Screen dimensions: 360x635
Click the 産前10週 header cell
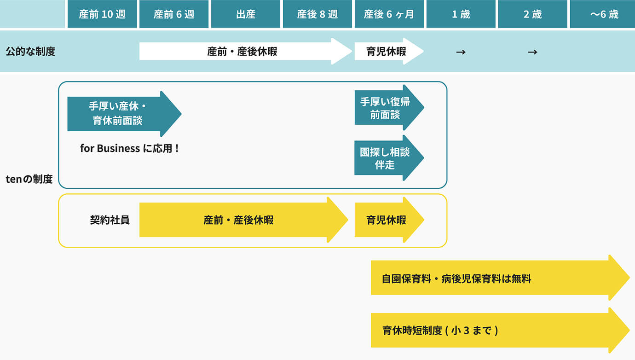[102, 14]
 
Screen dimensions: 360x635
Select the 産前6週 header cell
[174, 14]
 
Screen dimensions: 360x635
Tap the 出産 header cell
[246, 14]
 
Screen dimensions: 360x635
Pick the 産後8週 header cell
[317, 14]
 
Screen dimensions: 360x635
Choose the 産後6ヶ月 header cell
[389, 14]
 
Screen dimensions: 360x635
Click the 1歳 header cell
[461, 14]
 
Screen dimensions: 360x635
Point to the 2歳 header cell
[533, 14]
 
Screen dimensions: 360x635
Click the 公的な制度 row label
[30, 52]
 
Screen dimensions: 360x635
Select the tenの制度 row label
[29, 179]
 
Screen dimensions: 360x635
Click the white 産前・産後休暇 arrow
[242, 52]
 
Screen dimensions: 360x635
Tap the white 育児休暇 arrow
[387, 52]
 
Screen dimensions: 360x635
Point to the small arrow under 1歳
[461, 52]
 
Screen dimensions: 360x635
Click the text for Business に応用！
[129, 149]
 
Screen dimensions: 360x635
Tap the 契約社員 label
[110, 220]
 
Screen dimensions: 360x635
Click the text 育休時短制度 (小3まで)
[440, 331]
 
